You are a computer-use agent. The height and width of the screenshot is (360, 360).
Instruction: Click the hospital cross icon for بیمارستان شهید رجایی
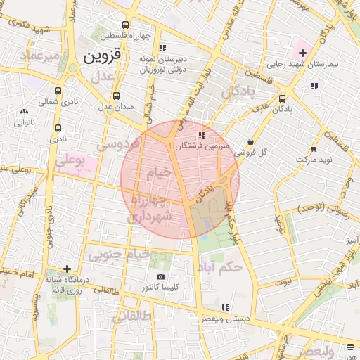pyautogui.click(x=302, y=53)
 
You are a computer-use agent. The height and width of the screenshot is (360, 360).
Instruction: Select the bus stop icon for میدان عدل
pyautogui.click(x=115, y=96)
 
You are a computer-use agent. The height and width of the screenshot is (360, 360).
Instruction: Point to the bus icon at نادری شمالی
pyautogui.click(x=58, y=91)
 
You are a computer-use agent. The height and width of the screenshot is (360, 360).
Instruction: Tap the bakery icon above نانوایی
pyautogui.click(x=25, y=111)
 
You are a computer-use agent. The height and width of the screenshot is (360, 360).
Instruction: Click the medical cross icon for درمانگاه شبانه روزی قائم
pyautogui.click(x=67, y=268)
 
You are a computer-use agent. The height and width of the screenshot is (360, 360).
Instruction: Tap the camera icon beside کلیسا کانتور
pyautogui.click(x=161, y=277)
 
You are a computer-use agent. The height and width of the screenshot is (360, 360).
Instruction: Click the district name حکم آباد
pyautogui.click(x=221, y=267)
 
